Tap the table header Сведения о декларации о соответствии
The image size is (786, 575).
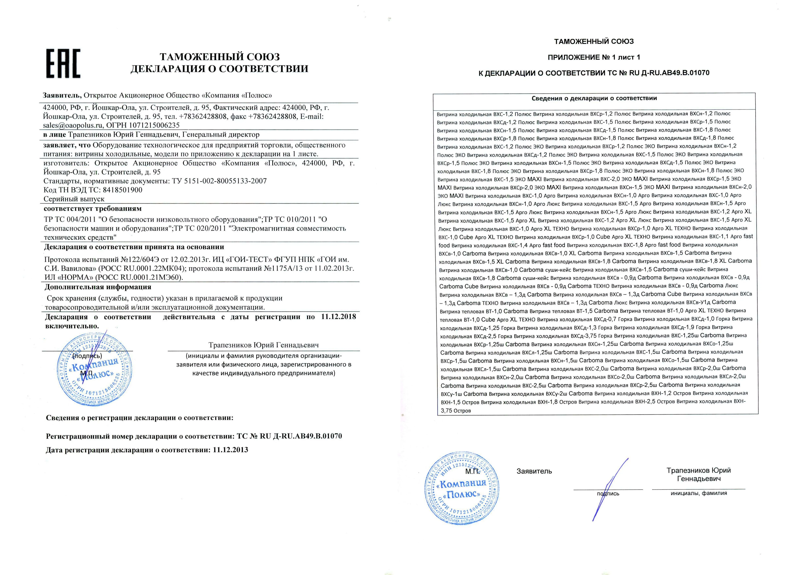pyautogui.click(x=594, y=98)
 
